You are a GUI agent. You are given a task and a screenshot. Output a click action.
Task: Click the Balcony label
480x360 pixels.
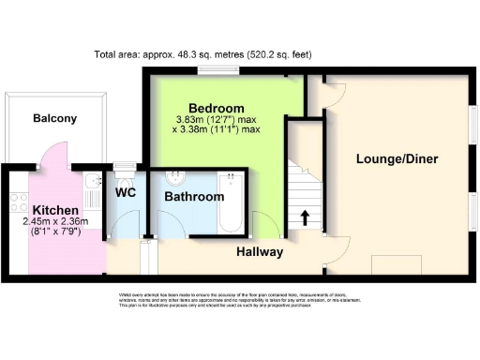(54, 118)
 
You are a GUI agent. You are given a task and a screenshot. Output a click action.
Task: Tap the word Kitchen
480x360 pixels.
(54, 209)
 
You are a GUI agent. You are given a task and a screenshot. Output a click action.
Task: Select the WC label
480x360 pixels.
(126, 192)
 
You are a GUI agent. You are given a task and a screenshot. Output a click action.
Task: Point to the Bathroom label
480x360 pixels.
(194, 198)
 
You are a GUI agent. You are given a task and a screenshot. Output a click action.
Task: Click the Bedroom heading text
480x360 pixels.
(216, 108)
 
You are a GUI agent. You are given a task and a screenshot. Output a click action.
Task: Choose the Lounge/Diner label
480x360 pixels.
(397, 158)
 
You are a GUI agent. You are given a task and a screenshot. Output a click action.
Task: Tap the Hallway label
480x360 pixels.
(261, 251)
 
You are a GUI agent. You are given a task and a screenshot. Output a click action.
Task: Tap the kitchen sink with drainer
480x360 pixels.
(91, 191)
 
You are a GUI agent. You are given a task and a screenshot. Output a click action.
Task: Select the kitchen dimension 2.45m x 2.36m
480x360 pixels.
(54, 222)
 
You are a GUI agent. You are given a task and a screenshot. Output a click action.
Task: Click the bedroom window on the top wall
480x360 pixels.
(210, 71)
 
